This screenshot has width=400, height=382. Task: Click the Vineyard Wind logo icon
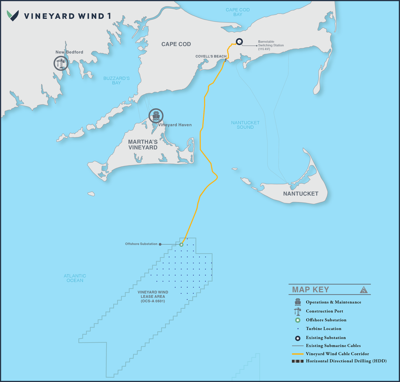13,15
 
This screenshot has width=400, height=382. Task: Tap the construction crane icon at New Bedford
61,64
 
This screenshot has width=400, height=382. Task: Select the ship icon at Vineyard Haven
156,116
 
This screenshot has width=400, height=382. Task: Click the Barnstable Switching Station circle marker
239,42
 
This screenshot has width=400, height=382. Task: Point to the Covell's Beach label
211,56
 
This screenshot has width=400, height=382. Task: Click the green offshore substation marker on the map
181,244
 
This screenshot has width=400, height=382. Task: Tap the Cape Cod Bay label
237,12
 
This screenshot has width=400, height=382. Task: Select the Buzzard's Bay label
116,80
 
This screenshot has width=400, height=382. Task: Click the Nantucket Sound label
245,125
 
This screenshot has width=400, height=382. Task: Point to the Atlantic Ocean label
75,278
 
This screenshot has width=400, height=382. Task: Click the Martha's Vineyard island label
143,145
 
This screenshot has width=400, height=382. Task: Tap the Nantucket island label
301,194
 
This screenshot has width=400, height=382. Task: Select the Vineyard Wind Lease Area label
153,297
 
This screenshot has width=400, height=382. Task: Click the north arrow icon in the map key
363,290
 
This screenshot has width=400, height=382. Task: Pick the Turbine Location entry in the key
323,329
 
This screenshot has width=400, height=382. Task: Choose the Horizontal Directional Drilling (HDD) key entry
346,361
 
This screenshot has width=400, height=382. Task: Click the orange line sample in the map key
297,354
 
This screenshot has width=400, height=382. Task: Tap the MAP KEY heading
310,290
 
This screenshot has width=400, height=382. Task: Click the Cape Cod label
176,44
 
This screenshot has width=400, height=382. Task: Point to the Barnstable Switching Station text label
271,45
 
